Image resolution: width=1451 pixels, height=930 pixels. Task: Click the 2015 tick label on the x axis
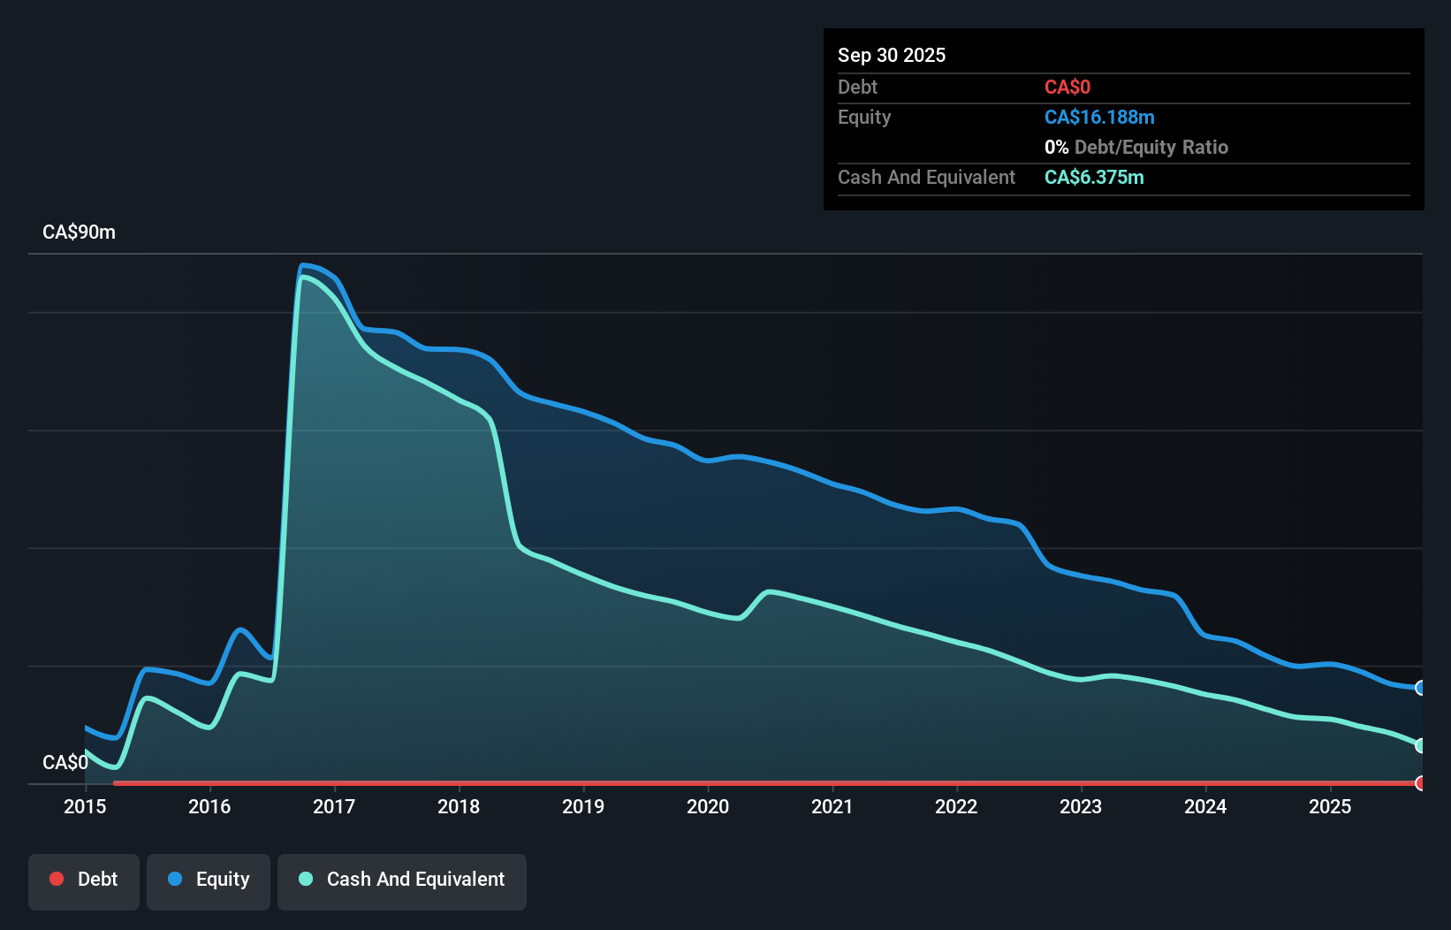pyautogui.click(x=85, y=806)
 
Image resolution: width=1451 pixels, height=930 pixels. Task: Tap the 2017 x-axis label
pyautogui.click(x=334, y=806)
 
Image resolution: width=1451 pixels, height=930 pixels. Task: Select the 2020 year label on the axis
pyautogui.click(x=708, y=806)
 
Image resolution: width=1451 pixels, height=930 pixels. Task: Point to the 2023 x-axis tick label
pyautogui.click(x=1081, y=806)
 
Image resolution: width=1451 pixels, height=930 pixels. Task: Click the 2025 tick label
pyautogui.click(x=1330, y=806)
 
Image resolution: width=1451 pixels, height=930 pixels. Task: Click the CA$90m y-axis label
pyautogui.click(x=79, y=232)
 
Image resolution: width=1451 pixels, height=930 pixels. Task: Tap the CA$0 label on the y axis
pyautogui.click(x=65, y=762)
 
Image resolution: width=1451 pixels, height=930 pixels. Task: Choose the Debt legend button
pyautogui.click(x=84, y=880)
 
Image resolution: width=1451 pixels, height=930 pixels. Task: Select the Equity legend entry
pyautogui.click(x=209, y=880)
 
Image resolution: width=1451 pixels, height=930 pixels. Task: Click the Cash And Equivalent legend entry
pyautogui.click(x=402, y=880)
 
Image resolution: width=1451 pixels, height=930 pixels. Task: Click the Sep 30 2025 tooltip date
pyautogui.click(x=891, y=56)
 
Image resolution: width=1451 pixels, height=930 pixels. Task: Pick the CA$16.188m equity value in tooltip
pyautogui.click(x=1099, y=118)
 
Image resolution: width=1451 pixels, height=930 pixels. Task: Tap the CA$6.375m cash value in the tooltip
pyautogui.click(x=1094, y=178)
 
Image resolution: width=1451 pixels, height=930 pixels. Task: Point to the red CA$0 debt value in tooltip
pyautogui.click(x=1067, y=88)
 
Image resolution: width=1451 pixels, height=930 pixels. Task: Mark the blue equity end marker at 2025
pyautogui.click(x=1420, y=688)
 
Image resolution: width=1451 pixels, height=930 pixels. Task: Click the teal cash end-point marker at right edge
pyautogui.click(x=1420, y=745)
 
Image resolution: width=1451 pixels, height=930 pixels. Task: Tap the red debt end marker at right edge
pyautogui.click(x=1420, y=783)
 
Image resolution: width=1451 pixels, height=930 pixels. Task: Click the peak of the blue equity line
pyautogui.click(x=303, y=265)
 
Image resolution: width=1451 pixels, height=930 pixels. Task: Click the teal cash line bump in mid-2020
pyautogui.click(x=770, y=591)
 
